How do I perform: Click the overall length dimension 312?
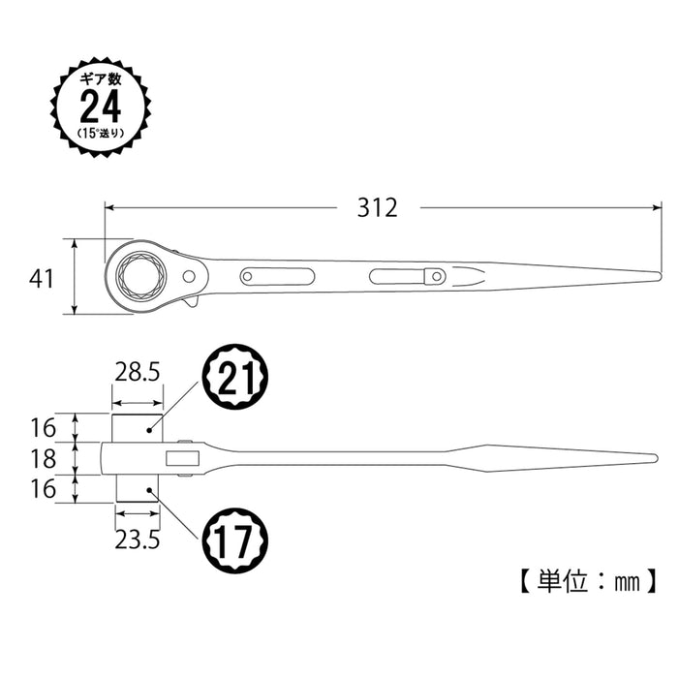point(377,207)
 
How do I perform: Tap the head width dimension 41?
point(40,278)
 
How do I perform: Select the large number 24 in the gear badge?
point(101,106)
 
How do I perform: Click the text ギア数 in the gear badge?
point(101,77)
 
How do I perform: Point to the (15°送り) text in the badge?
point(101,133)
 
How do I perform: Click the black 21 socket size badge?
point(234,377)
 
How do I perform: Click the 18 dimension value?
point(42,457)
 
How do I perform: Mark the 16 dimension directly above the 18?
point(42,427)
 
